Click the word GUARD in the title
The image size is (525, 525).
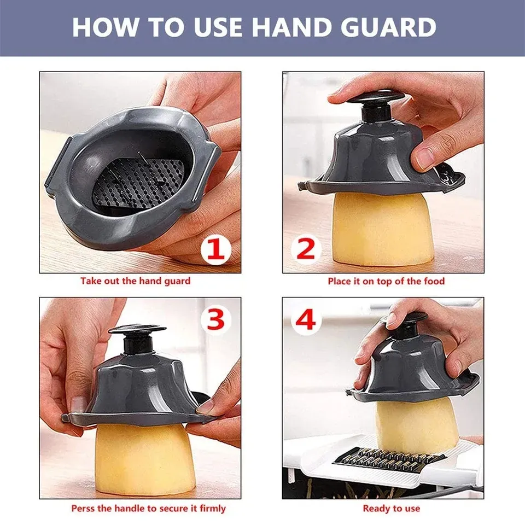click(x=388, y=27)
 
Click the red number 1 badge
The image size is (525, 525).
click(x=216, y=250)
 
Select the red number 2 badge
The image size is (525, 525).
click(x=306, y=249)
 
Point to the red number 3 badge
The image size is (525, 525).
click(x=215, y=319)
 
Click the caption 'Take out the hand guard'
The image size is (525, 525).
click(x=135, y=281)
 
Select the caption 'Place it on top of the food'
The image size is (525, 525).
click(x=386, y=281)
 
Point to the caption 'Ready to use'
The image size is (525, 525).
click(x=392, y=509)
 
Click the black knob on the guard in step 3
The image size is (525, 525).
click(x=137, y=337)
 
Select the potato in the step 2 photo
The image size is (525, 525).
click(x=382, y=229)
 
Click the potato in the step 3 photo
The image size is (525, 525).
click(x=144, y=458)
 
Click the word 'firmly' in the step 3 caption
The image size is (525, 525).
click(x=213, y=509)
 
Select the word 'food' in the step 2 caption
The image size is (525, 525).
click(x=434, y=281)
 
